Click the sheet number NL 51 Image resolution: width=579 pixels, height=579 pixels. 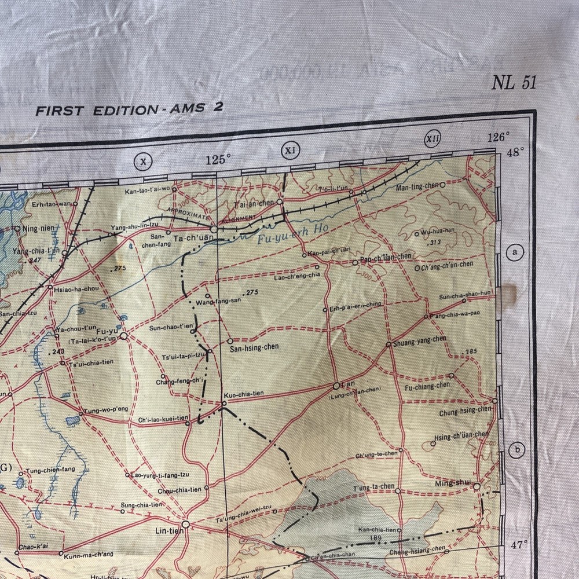click(514, 83)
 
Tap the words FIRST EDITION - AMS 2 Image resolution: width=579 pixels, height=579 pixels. click(129, 109)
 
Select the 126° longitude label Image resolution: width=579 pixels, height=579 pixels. click(499, 138)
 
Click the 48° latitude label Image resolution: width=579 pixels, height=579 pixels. click(515, 152)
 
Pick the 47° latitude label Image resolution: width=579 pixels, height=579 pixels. click(519, 544)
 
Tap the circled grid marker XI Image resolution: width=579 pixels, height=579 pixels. click(291, 151)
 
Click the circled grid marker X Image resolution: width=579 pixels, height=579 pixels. click(143, 162)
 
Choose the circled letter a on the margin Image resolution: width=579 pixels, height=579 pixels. click(514, 252)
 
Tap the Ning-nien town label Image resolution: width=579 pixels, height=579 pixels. click(39, 228)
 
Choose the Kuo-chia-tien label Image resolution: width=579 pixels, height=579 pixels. click(244, 394)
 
